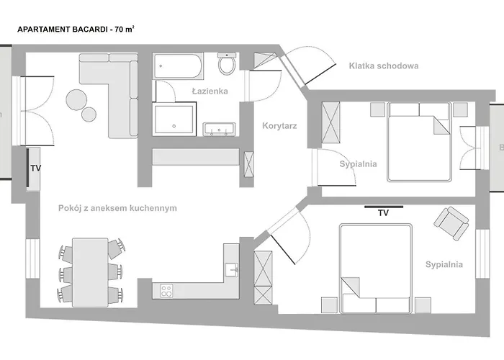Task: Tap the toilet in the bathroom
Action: coord(228,65)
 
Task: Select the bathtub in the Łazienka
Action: coord(180,68)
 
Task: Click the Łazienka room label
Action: coord(210,91)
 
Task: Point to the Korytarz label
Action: coord(280,125)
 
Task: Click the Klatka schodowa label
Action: coord(383,66)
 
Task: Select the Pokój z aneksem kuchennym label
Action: coord(117,208)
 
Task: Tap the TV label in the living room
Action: coord(35,169)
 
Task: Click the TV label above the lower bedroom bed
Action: coord(383,212)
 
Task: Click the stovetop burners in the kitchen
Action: coord(166,291)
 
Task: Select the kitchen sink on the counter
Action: coord(230,270)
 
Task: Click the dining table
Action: coord(90,270)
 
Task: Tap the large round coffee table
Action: coord(76,100)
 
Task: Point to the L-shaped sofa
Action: coord(119,90)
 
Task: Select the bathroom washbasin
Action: coord(219,130)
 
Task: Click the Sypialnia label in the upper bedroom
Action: coord(358,163)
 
